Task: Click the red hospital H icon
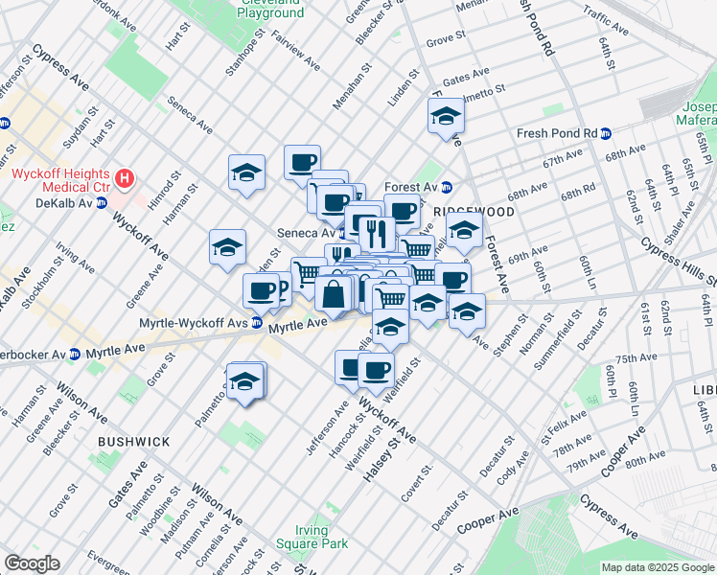124,178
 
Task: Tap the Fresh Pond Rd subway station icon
606,133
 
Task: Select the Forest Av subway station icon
446,187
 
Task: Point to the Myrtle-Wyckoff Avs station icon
257,323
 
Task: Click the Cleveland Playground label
270,10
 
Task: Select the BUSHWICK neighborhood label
133,442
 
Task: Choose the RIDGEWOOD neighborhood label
463,209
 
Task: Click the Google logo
32,563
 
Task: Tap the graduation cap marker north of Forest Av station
445,117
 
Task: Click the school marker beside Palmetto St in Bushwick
245,381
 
